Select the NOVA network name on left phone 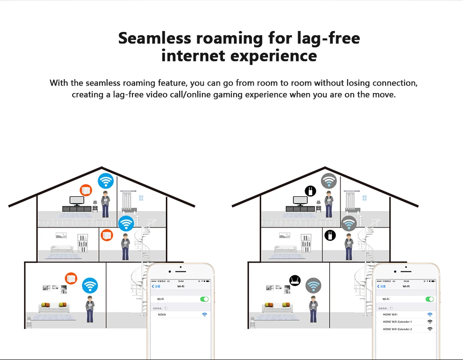[x=162, y=315]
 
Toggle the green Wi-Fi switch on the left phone [x=204, y=299]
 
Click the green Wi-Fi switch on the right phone [x=430, y=299]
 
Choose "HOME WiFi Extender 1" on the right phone [x=397, y=322]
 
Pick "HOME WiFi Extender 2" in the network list [x=397, y=329]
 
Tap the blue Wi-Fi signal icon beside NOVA [x=204, y=315]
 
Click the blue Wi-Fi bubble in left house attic [x=105, y=180]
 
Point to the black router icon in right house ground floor [x=295, y=280]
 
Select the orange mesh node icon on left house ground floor [x=71, y=279]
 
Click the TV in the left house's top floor [x=76, y=201]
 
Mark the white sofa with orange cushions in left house [x=53, y=307]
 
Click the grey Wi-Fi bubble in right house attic [x=329, y=180]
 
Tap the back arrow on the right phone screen [x=378, y=286]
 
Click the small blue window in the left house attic [x=141, y=198]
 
